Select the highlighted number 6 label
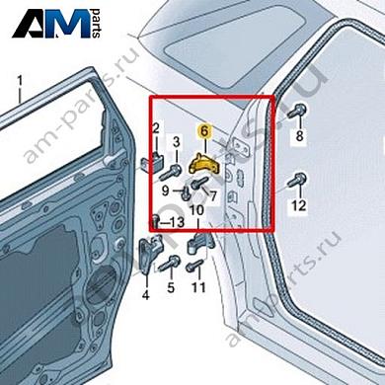click(x=203, y=130)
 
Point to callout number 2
click(x=156, y=128)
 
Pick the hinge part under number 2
click(x=157, y=163)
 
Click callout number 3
click(x=177, y=141)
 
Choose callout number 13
click(x=177, y=223)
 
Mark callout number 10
click(x=196, y=209)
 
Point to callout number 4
click(x=145, y=293)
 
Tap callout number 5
click(x=170, y=288)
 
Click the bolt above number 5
click(x=170, y=264)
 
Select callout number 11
click(x=198, y=288)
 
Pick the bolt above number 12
click(x=298, y=182)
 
